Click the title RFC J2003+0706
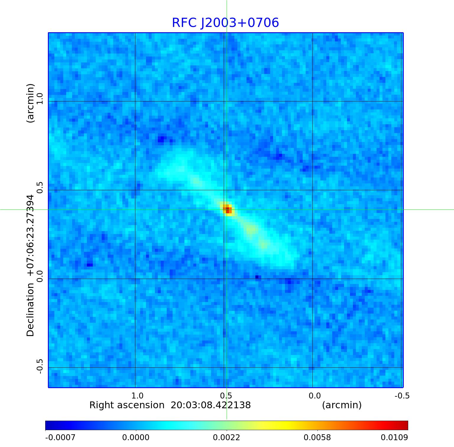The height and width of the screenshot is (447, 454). (225, 23)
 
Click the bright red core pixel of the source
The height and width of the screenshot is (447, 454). (227, 210)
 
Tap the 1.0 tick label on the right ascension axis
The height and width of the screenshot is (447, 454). (137, 396)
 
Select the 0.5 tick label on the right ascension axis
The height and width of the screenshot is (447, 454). (226, 396)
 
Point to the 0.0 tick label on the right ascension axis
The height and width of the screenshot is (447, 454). (314, 396)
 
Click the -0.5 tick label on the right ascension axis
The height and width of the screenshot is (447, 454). (402, 396)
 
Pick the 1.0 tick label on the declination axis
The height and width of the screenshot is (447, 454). (40, 98)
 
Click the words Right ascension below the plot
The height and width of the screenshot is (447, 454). (127, 405)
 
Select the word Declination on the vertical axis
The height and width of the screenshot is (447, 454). (30, 310)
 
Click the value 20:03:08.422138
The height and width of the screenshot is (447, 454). (211, 405)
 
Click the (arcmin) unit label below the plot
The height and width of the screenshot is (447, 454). (342, 405)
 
